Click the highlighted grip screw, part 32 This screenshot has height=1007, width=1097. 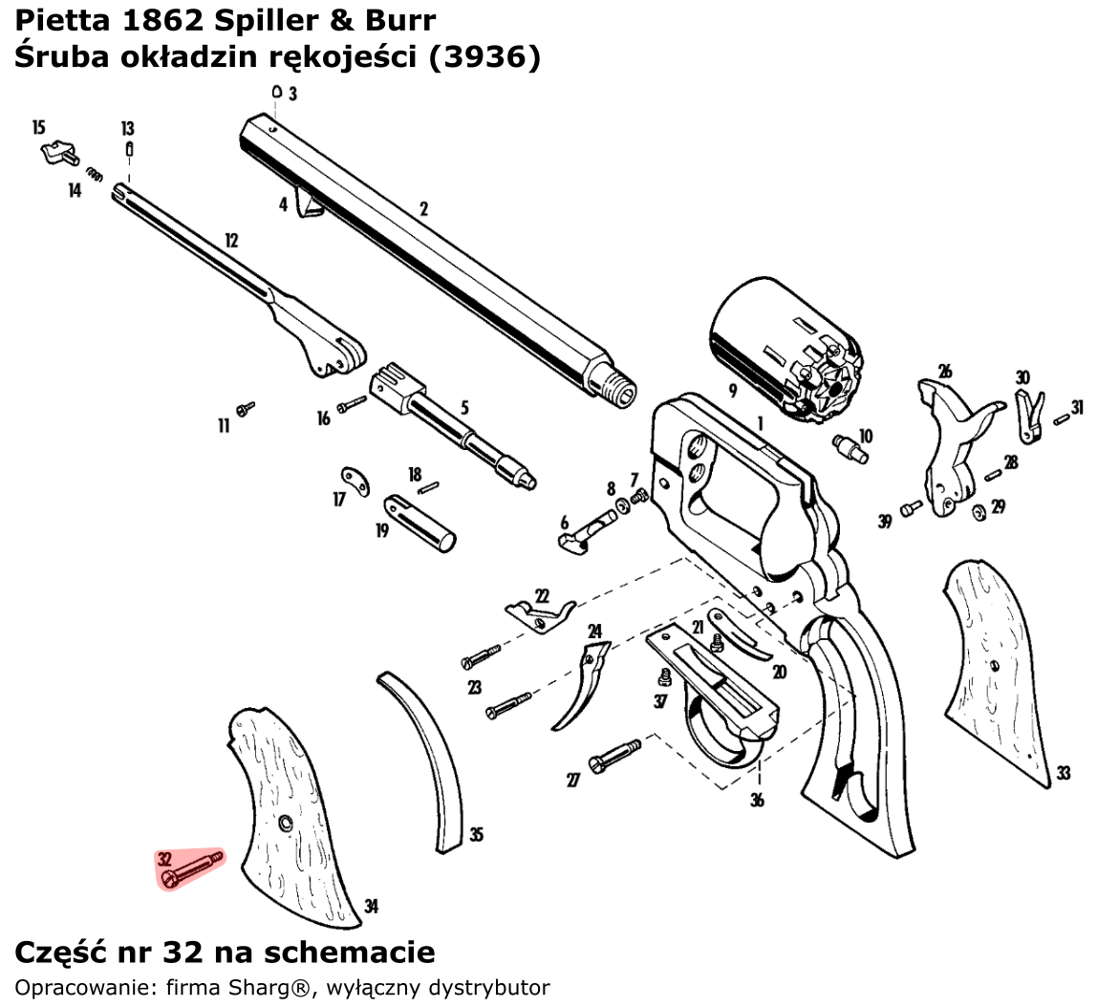pyautogui.click(x=191, y=868)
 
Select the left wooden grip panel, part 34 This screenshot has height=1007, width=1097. pyautogui.click(x=287, y=812)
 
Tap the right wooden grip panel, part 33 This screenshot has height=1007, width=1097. pyautogui.click(x=999, y=669)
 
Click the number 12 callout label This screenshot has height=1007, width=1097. pyautogui.click(x=231, y=240)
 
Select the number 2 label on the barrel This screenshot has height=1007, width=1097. pyautogui.click(x=422, y=209)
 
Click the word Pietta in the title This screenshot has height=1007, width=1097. pyautogui.click(x=62, y=19)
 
